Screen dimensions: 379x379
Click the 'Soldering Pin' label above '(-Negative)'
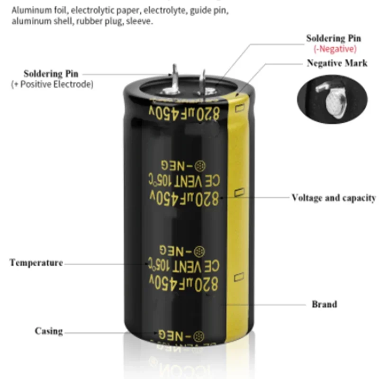[334, 38]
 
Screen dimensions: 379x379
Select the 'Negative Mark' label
[337, 63]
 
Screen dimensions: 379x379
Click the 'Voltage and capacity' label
[334, 198]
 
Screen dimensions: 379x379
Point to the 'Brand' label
[324, 304]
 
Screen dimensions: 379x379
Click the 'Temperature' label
[36, 262]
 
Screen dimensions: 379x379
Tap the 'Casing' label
[48, 331]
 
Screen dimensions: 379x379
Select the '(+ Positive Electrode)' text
[52, 84]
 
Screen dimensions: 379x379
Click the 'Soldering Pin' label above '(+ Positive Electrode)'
[51, 73]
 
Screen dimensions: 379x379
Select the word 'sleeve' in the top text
[141, 21]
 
